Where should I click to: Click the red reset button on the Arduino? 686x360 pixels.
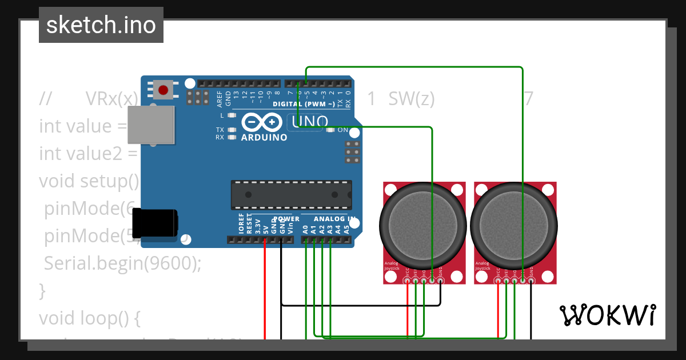point(163,90)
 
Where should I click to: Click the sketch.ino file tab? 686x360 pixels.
point(101,25)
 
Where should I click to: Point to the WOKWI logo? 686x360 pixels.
point(607,315)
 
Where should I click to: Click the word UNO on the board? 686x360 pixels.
point(310,122)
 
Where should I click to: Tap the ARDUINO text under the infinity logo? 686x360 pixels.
point(264,138)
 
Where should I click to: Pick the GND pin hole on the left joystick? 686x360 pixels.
point(440,280)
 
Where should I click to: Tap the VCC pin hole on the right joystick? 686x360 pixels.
point(498,280)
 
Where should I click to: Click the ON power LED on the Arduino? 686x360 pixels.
point(331,130)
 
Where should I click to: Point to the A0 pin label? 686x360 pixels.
point(306,230)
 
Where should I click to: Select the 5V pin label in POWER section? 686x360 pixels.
point(265,229)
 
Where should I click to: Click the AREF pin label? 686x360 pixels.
point(220,99)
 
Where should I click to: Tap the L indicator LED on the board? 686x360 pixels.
point(232,115)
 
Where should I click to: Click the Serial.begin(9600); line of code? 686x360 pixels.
point(123,263)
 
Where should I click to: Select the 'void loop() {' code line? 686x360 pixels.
point(89,317)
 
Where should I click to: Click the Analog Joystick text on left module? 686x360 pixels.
point(391,266)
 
